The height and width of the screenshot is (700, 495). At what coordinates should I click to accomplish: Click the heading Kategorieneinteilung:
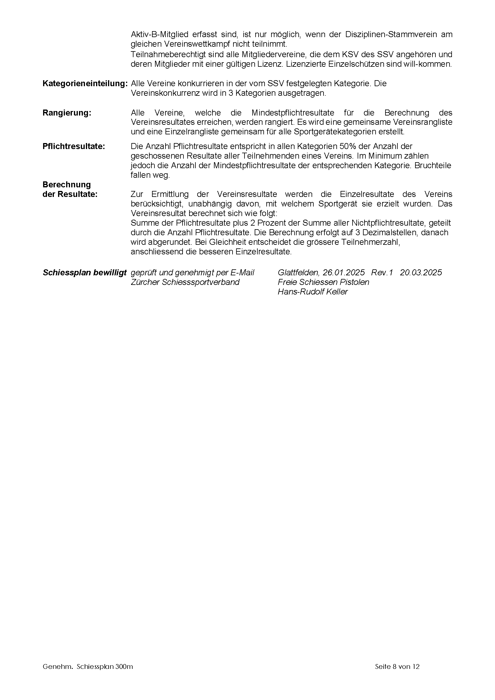click(x=85, y=83)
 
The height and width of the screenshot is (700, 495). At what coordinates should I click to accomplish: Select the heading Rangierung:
click(x=67, y=113)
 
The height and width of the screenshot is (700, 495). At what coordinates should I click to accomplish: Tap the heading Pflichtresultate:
click(x=74, y=146)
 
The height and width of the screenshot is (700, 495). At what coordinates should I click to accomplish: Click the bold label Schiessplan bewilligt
click(x=84, y=273)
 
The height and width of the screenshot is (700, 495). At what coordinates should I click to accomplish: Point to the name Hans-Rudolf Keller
click(x=312, y=292)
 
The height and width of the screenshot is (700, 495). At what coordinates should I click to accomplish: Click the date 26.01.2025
click(x=344, y=273)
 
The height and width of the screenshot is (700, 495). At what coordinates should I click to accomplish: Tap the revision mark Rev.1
click(x=382, y=273)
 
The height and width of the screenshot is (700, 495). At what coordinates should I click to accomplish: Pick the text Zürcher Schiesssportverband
click(x=185, y=282)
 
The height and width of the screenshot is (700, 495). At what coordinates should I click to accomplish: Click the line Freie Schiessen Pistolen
click(x=324, y=282)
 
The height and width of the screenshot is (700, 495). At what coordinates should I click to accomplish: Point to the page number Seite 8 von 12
click(x=397, y=666)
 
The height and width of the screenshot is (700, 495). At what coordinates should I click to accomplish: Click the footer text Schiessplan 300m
click(x=105, y=666)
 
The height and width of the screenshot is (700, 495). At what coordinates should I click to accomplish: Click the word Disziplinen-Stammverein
click(x=391, y=34)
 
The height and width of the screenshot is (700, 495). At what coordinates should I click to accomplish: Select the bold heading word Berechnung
click(x=67, y=185)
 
